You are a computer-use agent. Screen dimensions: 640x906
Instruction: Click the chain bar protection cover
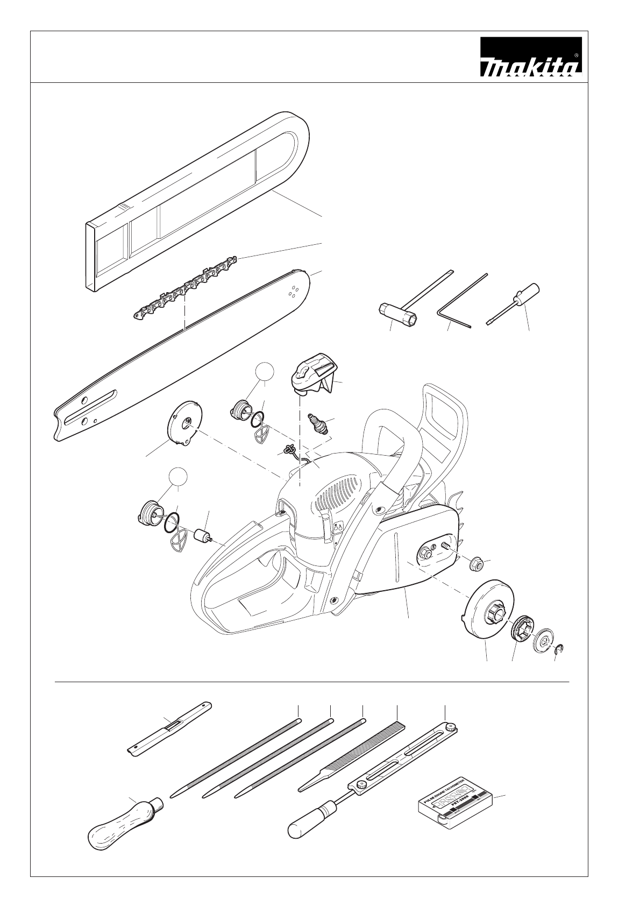click(199, 199)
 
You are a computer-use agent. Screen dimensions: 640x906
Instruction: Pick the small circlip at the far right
click(559, 649)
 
